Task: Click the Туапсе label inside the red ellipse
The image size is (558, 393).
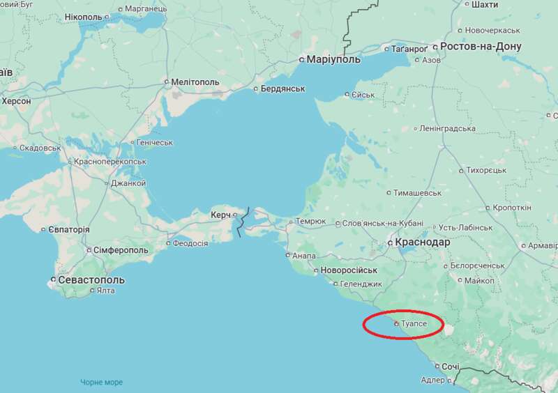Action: [x=414, y=324]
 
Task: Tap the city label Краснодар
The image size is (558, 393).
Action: [x=422, y=242]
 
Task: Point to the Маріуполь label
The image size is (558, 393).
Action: [x=334, y=60]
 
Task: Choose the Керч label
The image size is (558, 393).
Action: [x=220, y=215]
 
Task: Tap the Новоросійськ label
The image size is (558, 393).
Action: [x=349, y=270]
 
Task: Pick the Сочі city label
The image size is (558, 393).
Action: [x=451, y=367]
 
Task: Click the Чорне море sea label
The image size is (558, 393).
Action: [x=101, y=383]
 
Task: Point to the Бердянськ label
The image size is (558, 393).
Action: [x=283, y=89]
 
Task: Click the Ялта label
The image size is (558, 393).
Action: [x=105, y=291]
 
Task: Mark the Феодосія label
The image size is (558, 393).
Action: [x=190, y=243]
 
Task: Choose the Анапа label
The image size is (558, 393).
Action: [x=304, y=256]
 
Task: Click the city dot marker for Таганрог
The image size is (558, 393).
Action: [x=386, y=49]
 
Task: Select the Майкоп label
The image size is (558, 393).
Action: [x=479, y=280]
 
